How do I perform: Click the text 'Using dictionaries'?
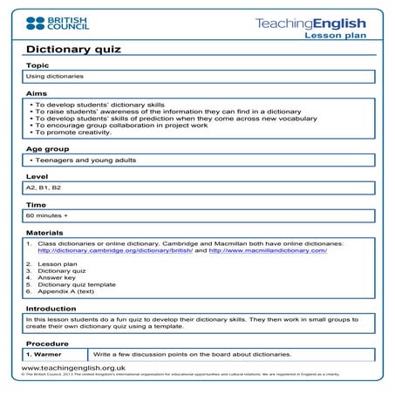click(x=54, y=77)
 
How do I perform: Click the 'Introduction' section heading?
click(x=51, y=308)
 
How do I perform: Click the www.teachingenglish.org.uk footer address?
click(x=72, y=369)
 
